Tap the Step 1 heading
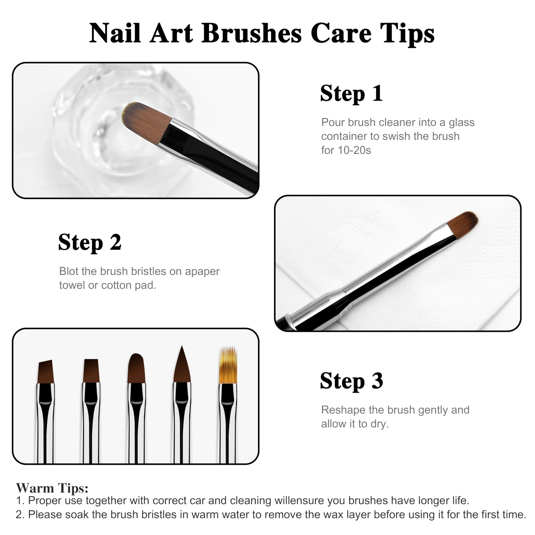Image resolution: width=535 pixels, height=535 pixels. (351, 93)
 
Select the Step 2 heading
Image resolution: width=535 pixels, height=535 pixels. (90, 242)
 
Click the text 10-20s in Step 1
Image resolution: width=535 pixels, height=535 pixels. (354, 150)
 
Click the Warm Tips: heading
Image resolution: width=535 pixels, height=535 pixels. (52, 488)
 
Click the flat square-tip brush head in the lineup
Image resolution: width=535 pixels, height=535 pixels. (91, 371)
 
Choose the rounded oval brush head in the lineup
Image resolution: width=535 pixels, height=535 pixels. (137, 368)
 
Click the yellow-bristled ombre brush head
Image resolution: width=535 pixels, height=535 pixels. (228, 365)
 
